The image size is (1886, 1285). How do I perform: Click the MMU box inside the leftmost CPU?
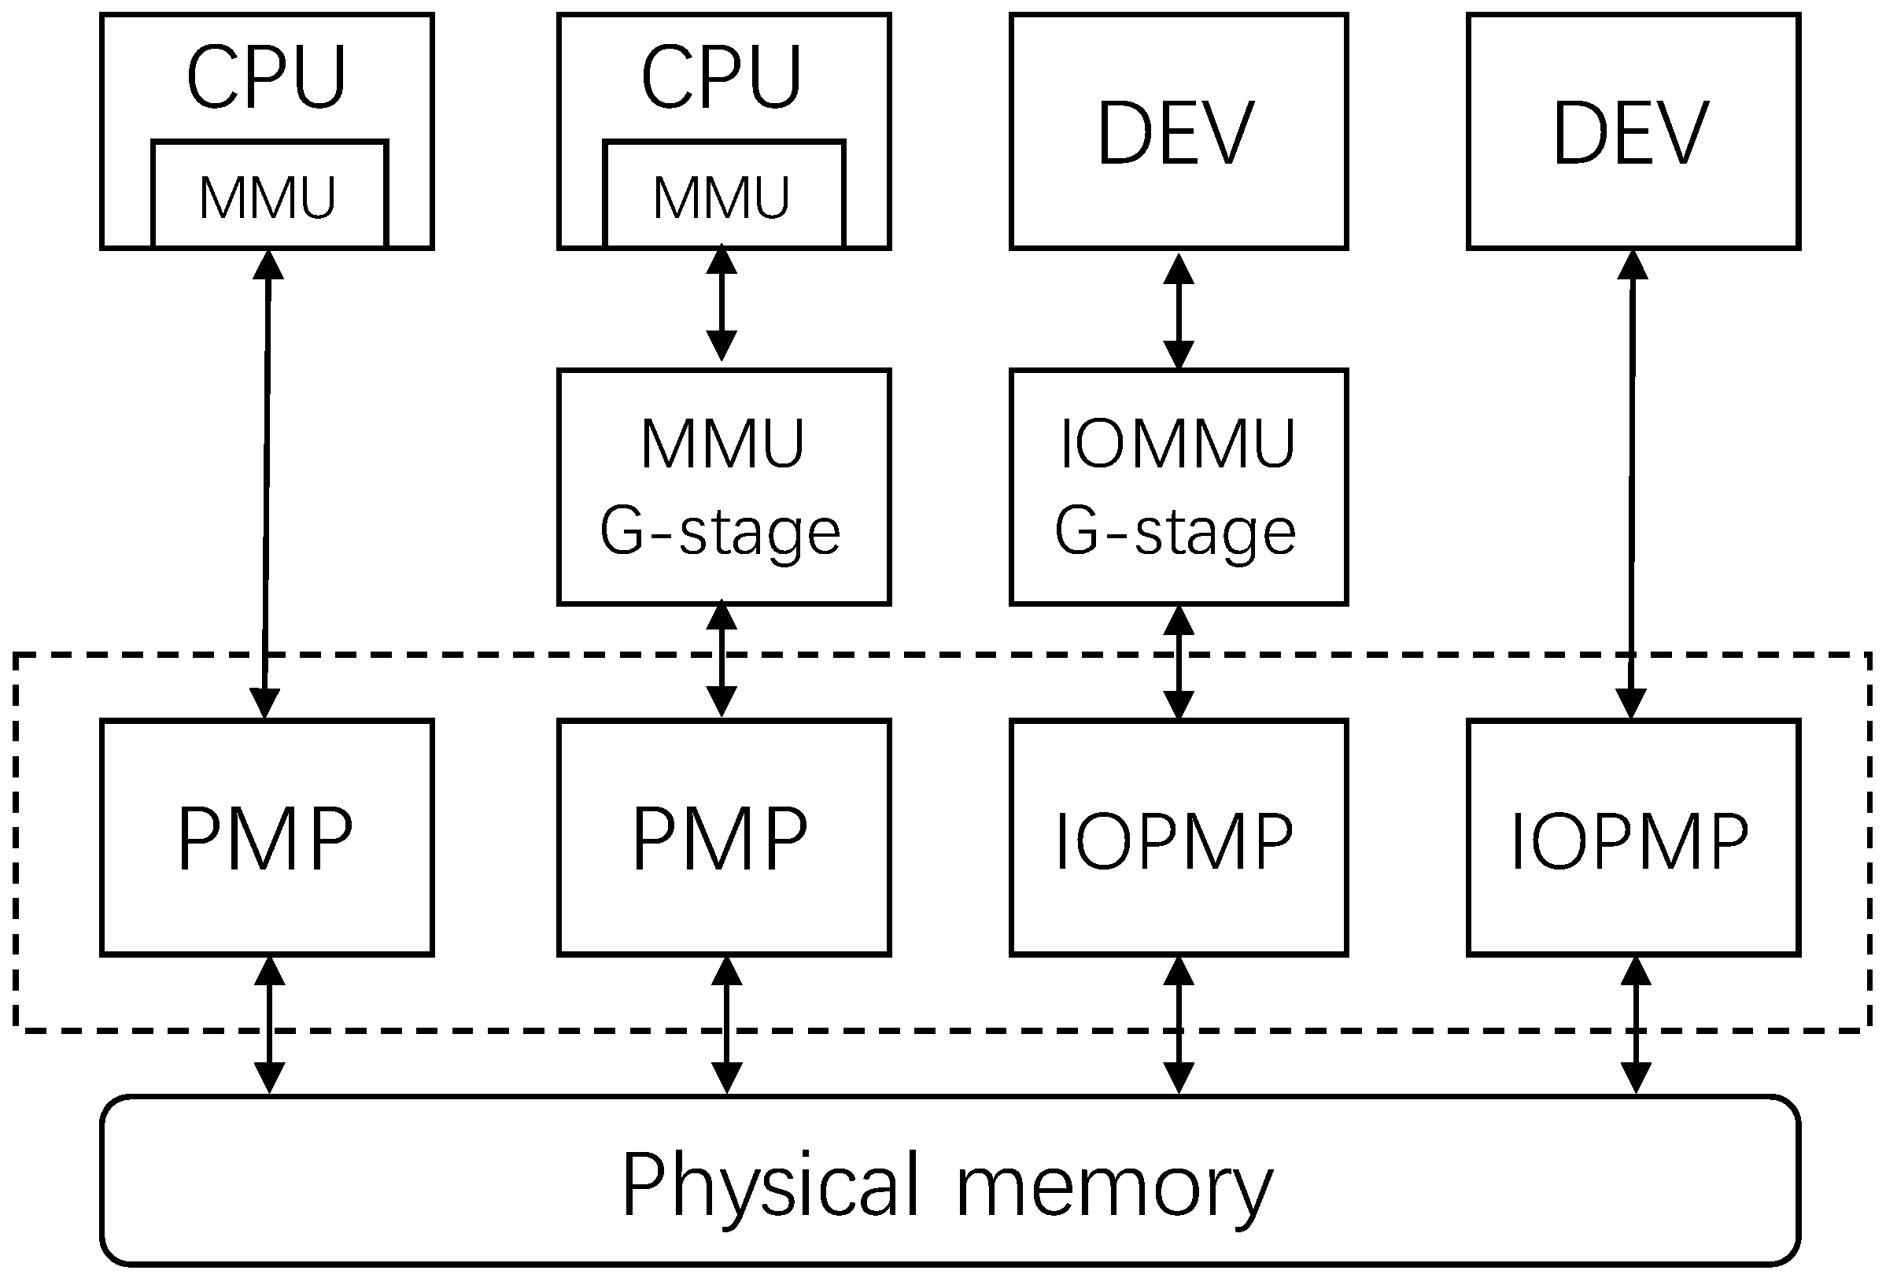[268, 195]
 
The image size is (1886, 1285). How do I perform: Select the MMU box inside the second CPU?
[723, 195]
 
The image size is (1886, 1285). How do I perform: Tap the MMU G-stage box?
[723, 487]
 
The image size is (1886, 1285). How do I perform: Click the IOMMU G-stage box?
[1179, 487]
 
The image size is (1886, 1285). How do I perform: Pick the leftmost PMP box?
[267, 838]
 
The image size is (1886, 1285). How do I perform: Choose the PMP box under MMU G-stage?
[723, 838]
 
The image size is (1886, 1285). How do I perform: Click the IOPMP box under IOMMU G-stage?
[1179, 838]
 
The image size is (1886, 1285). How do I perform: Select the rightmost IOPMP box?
[1633, 838]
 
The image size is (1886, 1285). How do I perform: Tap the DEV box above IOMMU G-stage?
[1179, 131]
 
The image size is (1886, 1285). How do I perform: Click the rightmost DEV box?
[1633, 131]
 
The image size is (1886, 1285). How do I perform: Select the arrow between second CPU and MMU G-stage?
[722, 305]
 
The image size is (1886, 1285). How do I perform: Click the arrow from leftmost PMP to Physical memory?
[269, 1025]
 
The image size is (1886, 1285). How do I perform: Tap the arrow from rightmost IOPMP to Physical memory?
[1635, 1025]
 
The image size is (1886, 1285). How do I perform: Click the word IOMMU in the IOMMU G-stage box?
[1179, 444]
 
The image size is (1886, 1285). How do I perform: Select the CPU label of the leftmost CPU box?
[267, 77]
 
